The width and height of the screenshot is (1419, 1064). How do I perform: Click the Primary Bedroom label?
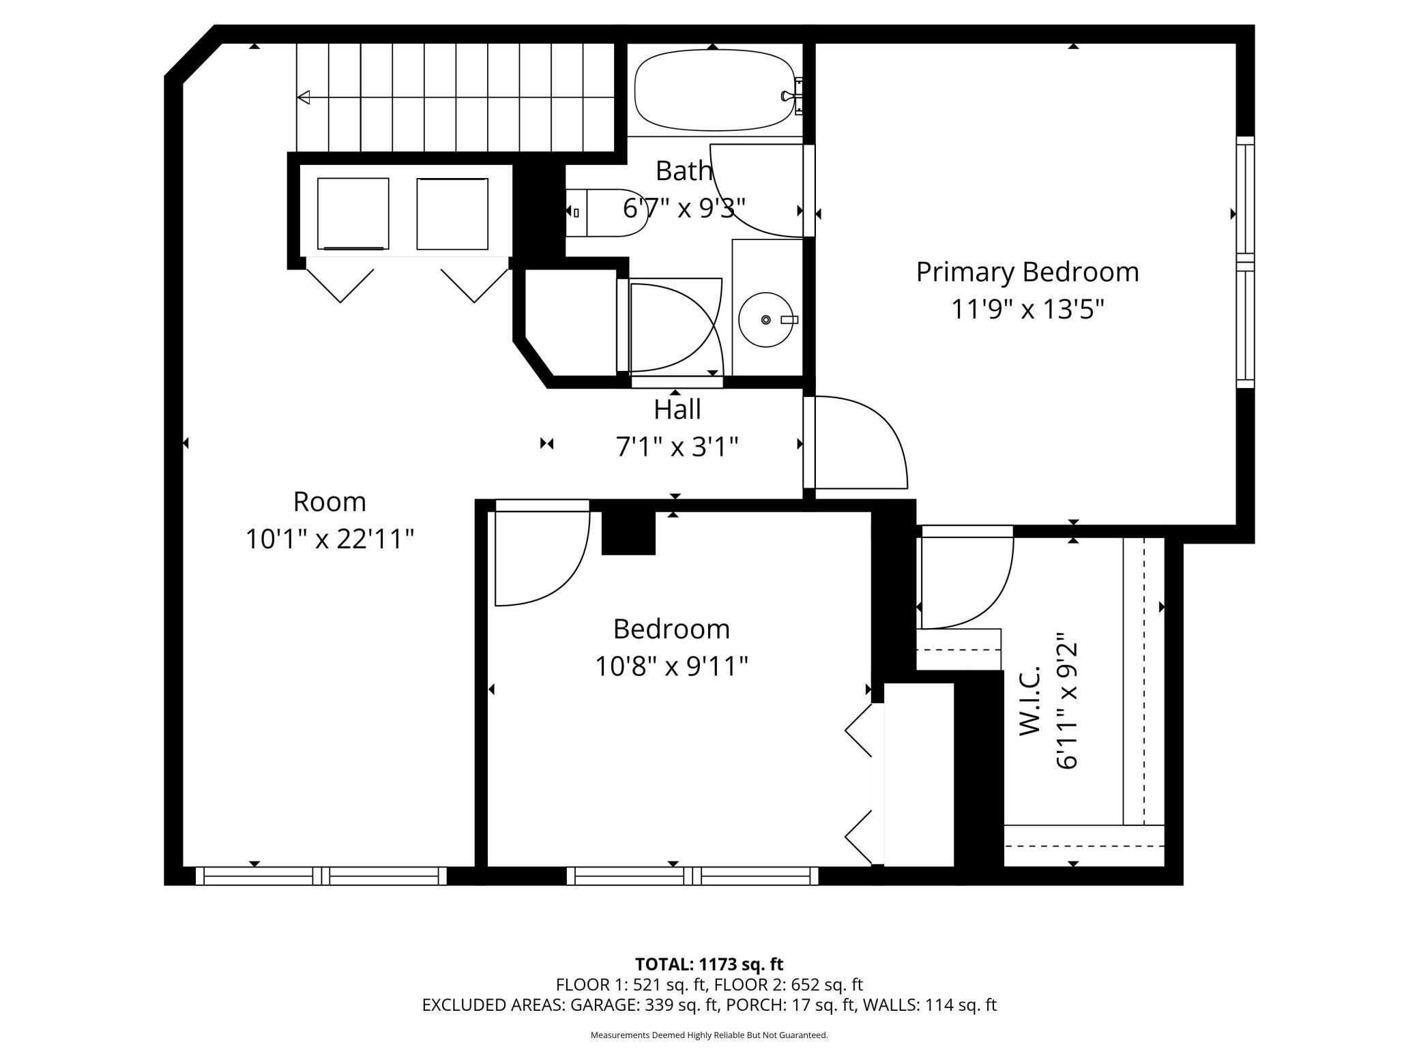1027,272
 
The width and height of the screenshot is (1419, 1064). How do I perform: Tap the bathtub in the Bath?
714,90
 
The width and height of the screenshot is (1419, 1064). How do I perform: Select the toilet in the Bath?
606,213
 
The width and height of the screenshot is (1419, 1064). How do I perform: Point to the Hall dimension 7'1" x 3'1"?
677,447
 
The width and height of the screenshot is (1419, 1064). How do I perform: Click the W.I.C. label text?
1030,700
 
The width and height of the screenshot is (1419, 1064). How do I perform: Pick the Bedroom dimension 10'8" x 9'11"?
672,666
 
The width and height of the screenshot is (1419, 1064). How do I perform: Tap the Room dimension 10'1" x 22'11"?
330,539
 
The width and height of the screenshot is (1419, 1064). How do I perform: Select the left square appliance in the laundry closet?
353,214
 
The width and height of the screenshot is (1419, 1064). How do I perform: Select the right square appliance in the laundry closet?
452,214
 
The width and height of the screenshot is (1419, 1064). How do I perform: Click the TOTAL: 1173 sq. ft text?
709,964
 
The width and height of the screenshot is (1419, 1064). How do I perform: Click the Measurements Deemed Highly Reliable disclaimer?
709,1035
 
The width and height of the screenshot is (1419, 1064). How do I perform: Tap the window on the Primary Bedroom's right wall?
1246,262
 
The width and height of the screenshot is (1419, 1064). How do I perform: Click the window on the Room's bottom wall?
321,876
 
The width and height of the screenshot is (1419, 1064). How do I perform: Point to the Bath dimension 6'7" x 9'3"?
684,207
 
